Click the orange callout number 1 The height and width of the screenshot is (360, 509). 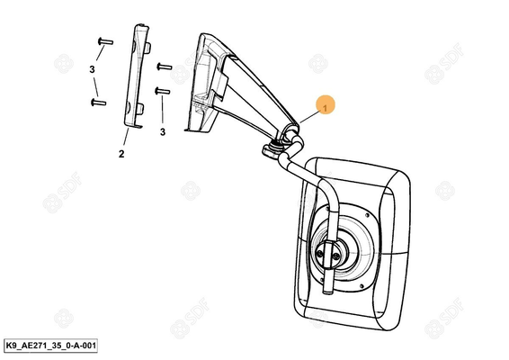click(325, 105)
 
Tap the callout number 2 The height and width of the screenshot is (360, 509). click(121, 154)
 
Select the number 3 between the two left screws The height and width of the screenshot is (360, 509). click(93, 69)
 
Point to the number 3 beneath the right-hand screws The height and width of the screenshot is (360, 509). click(163, 132)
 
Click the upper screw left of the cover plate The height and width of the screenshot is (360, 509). click(105, 41)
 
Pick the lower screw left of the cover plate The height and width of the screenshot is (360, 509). click(98, 103)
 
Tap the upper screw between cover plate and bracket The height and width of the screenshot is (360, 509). click(165, 67)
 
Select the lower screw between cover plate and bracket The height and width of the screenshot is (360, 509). click(163, 91)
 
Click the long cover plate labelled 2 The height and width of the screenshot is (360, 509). click(137, 76)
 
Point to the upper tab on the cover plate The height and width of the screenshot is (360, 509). click(147, 48)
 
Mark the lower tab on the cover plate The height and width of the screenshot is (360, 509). click(140, 109)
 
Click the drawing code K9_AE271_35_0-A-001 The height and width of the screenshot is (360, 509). click(50, 346)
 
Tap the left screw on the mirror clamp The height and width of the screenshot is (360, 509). click(320, 254)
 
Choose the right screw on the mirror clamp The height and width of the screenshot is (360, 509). click(336, 256)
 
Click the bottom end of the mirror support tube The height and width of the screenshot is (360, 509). click(328, 291)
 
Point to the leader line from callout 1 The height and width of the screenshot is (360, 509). click(309, 117)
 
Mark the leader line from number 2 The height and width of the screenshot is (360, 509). click(126, 137)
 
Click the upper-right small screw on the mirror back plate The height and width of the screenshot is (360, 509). click(367, 215)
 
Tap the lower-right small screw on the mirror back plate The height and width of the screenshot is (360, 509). click(362, 286)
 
